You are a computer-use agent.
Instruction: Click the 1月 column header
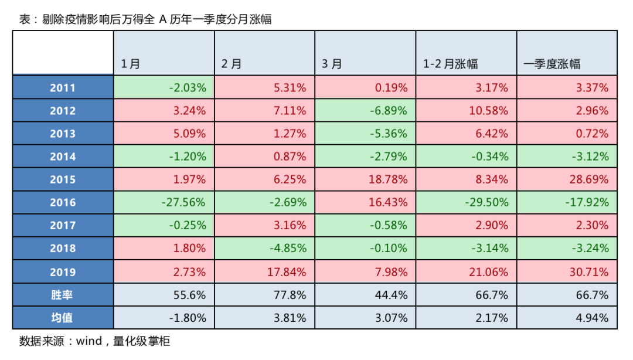click(x=130, y=64)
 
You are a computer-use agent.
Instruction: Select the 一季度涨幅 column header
click(x=552, y=64)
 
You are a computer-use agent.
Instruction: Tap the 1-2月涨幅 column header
click(x=450, y=64)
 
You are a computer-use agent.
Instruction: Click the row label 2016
click(x=63, y=202)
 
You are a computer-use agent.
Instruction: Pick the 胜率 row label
click(x=62, y=295)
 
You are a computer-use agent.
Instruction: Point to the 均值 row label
click(x=62, y=318)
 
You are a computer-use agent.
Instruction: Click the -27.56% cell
click(x=183, y=202)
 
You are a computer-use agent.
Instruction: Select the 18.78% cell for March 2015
click(x=388, y=179)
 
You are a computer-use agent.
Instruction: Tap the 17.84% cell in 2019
click(x=287, y=272)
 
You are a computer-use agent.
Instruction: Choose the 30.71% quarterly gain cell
click(x=589, y=272)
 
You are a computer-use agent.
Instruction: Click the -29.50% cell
click(x=486, y=202)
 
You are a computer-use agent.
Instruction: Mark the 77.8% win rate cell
click(x=290, y=295)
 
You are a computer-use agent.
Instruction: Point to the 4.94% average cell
click(x=592, y=318)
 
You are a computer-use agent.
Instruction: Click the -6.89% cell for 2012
click(x=389, y=111)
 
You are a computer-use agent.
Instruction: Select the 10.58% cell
click(x=488, y=111)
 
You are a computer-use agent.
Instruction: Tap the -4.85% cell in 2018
click(x=288, y=248)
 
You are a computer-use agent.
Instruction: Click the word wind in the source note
click(x=89, y=341)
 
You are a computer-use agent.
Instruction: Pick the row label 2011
click(x=63, y=88)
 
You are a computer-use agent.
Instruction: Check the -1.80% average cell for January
click(x=188, y=318)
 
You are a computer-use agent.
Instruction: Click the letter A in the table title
click(x=163, y=19)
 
